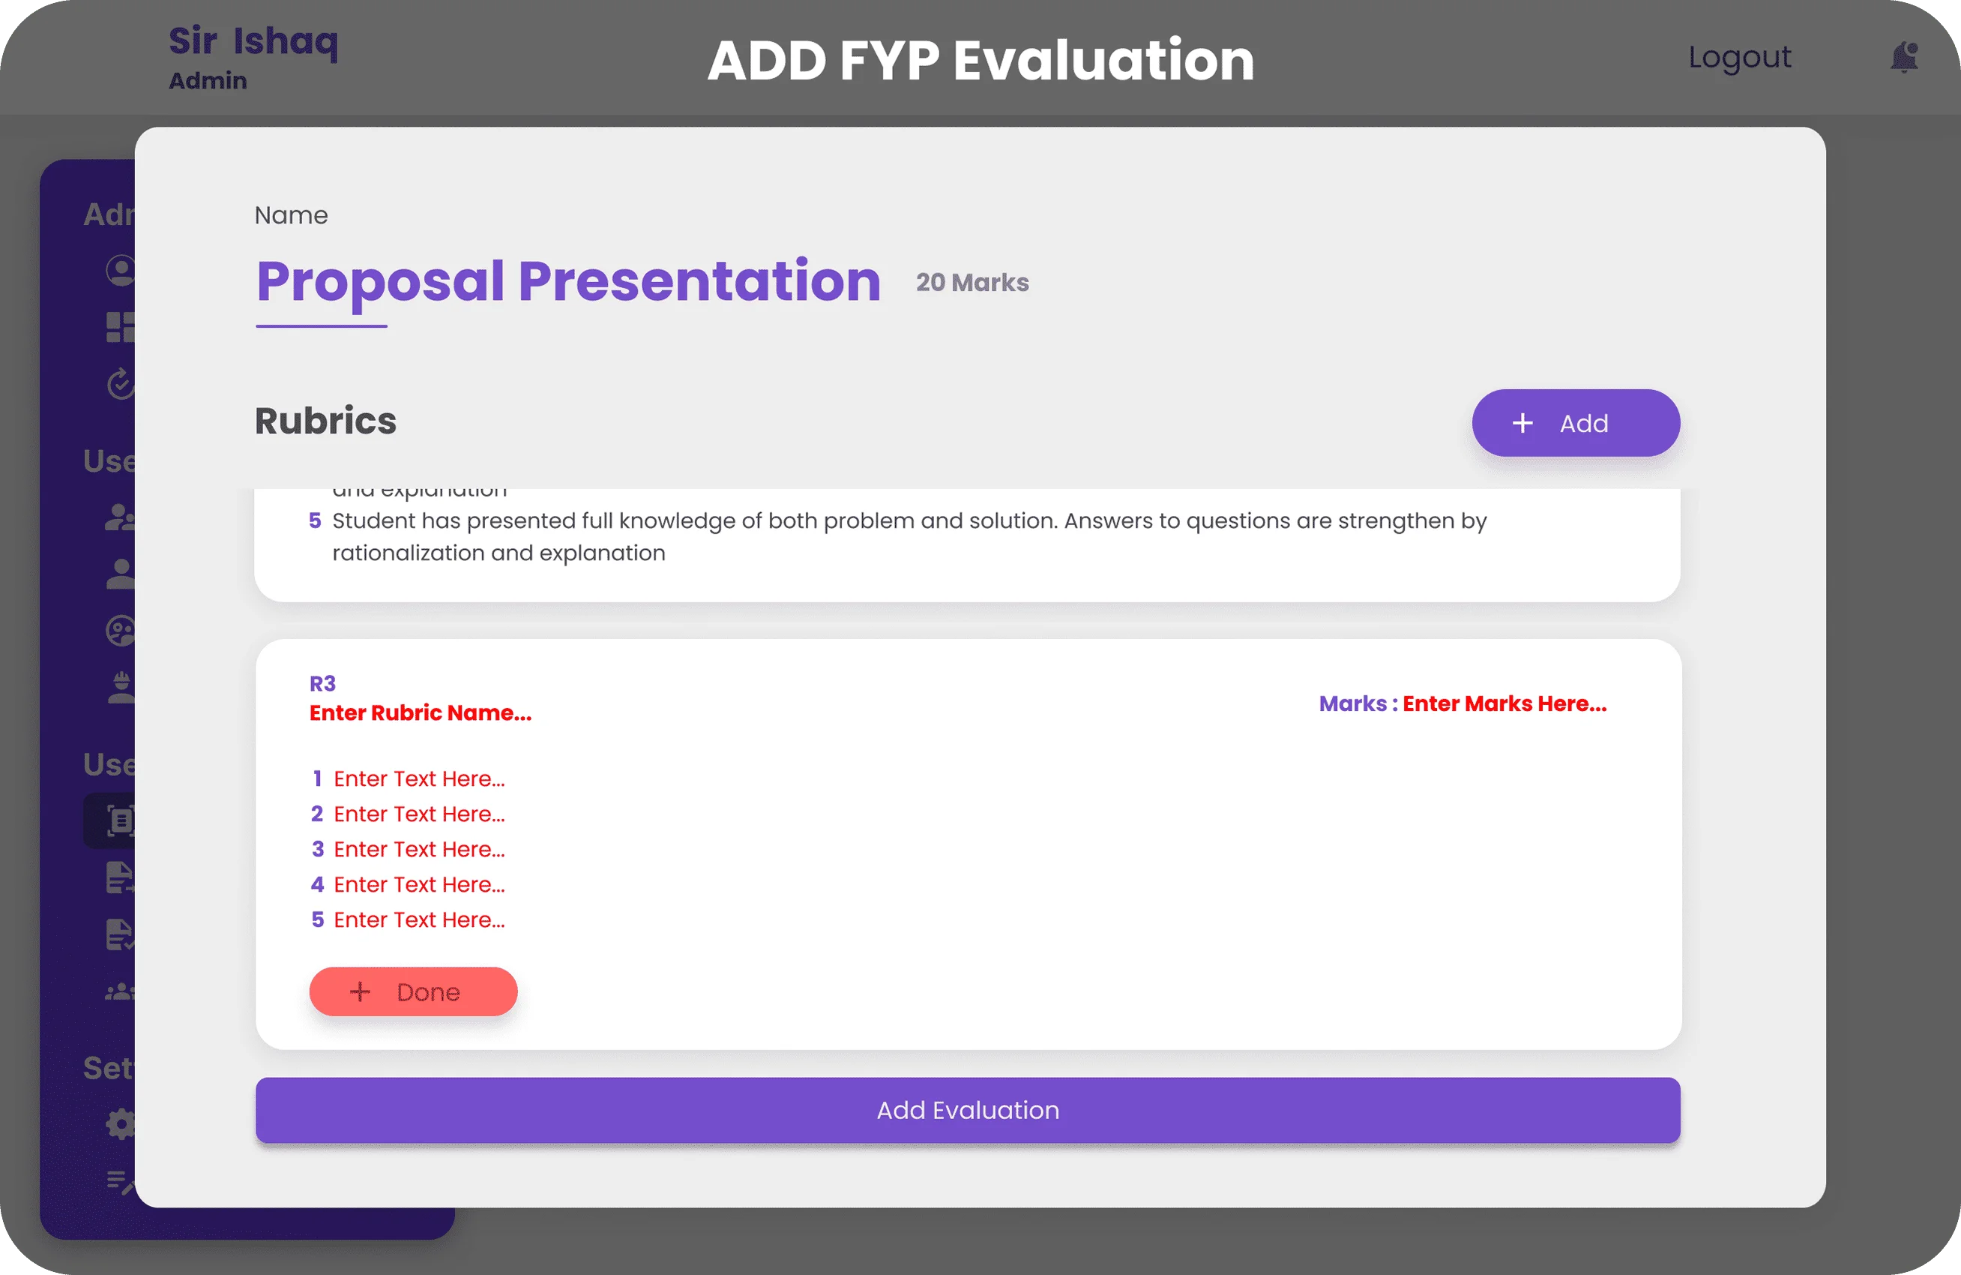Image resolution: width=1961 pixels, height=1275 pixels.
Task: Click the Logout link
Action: click(1739, 58)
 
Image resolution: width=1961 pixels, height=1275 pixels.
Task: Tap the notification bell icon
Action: click(1903, 58)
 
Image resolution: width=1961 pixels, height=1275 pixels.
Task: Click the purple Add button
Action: click(1576, 423)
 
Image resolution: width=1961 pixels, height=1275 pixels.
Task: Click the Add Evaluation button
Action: click(967, 1110)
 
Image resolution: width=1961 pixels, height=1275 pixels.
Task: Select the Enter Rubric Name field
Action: click(421, 713)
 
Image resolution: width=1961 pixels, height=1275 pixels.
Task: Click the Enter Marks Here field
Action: click(1504, 703)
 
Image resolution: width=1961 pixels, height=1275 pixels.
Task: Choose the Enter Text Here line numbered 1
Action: click(418, 778)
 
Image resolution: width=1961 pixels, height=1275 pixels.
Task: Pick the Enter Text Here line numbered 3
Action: click(418, 849)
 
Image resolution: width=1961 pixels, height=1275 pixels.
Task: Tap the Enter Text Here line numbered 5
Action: click(418, 919)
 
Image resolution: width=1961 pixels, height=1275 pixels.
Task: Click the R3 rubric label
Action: click(322, 683)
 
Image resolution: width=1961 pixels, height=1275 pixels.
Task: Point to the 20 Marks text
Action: click(972, 283)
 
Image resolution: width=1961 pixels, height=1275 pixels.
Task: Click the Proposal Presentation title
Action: click(568, 281)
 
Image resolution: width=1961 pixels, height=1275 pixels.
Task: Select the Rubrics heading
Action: click(325, 421)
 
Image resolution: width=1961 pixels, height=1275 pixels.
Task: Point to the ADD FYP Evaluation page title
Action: click(980, 61)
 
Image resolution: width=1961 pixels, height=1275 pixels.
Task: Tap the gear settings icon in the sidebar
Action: click(120, 1123)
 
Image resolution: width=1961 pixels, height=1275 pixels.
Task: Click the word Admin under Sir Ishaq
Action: click(208, 81)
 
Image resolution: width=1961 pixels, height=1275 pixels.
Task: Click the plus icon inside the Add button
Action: click(1522, 423)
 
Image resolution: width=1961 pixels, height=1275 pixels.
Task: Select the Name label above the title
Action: click(291, 215)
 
